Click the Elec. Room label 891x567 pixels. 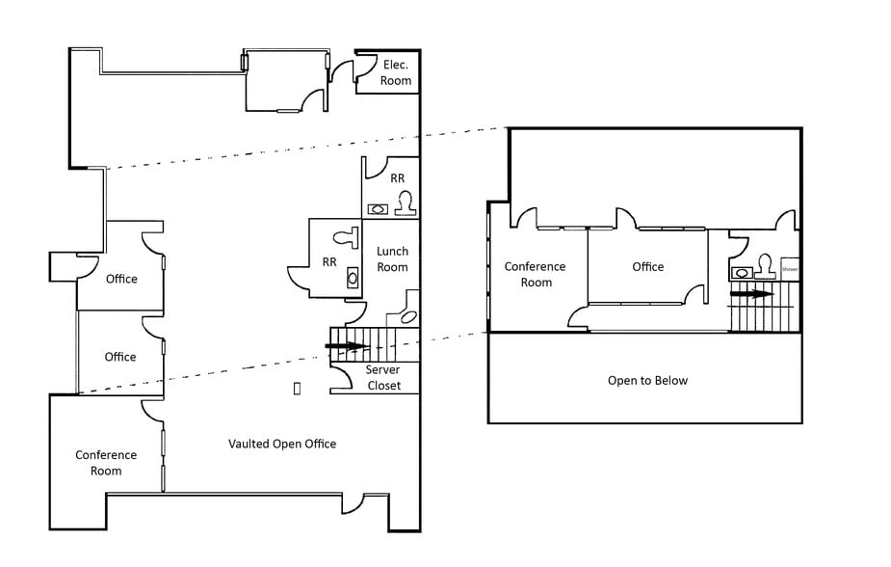(x=396, y=72)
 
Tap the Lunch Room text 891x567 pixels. (x=392, y=258)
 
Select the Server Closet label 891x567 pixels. (x=382, y=378)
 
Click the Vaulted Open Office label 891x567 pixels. (x=282, y=444)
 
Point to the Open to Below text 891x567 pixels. (x=647, y=380)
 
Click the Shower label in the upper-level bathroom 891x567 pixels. (x=790, y=270)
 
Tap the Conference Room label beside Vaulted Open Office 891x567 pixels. (x=106, y=463)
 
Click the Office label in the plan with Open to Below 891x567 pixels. (x=648, y=266)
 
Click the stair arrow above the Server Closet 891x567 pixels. (x=346, y=345)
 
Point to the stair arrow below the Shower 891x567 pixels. (x=750, y=293)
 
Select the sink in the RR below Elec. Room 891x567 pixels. (x=378, y=207)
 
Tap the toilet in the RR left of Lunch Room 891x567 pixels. (x=344, y=235)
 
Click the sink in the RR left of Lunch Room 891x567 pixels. (x=352, y=278)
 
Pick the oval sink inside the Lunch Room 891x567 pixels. (x=408, y=316)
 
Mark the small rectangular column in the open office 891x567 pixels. (x=297, y=388)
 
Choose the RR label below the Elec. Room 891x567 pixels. (x=398, y=178)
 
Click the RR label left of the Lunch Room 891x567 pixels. (x=329, y=261)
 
